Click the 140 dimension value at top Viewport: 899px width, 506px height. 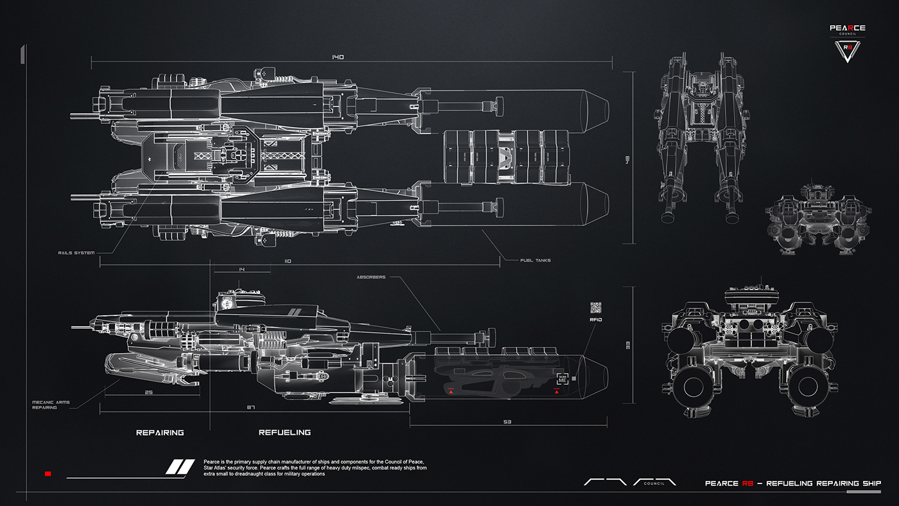tap(338, 57)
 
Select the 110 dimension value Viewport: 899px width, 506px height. tap(287, 261)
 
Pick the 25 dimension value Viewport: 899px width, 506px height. tap(149, 392)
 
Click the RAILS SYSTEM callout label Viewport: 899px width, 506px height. tap(76, 253)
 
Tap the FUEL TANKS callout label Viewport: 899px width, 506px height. tap(536, 260)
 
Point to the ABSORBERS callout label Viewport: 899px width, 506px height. tap(371, 277)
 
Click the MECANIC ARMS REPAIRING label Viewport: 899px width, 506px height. tap(51, 405)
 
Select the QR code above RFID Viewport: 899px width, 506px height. tap(595, 307)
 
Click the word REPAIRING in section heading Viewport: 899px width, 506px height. tap(160, 433)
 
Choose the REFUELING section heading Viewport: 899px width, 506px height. tap(284, 433)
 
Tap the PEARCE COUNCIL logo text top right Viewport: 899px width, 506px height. tap(847, 30)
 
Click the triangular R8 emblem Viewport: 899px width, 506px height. tap(847, 51)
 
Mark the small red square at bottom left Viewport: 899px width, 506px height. tap(48, 474)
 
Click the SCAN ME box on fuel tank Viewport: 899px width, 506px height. tap(563, 379)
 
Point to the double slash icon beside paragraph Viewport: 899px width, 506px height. tap(180, 467)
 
